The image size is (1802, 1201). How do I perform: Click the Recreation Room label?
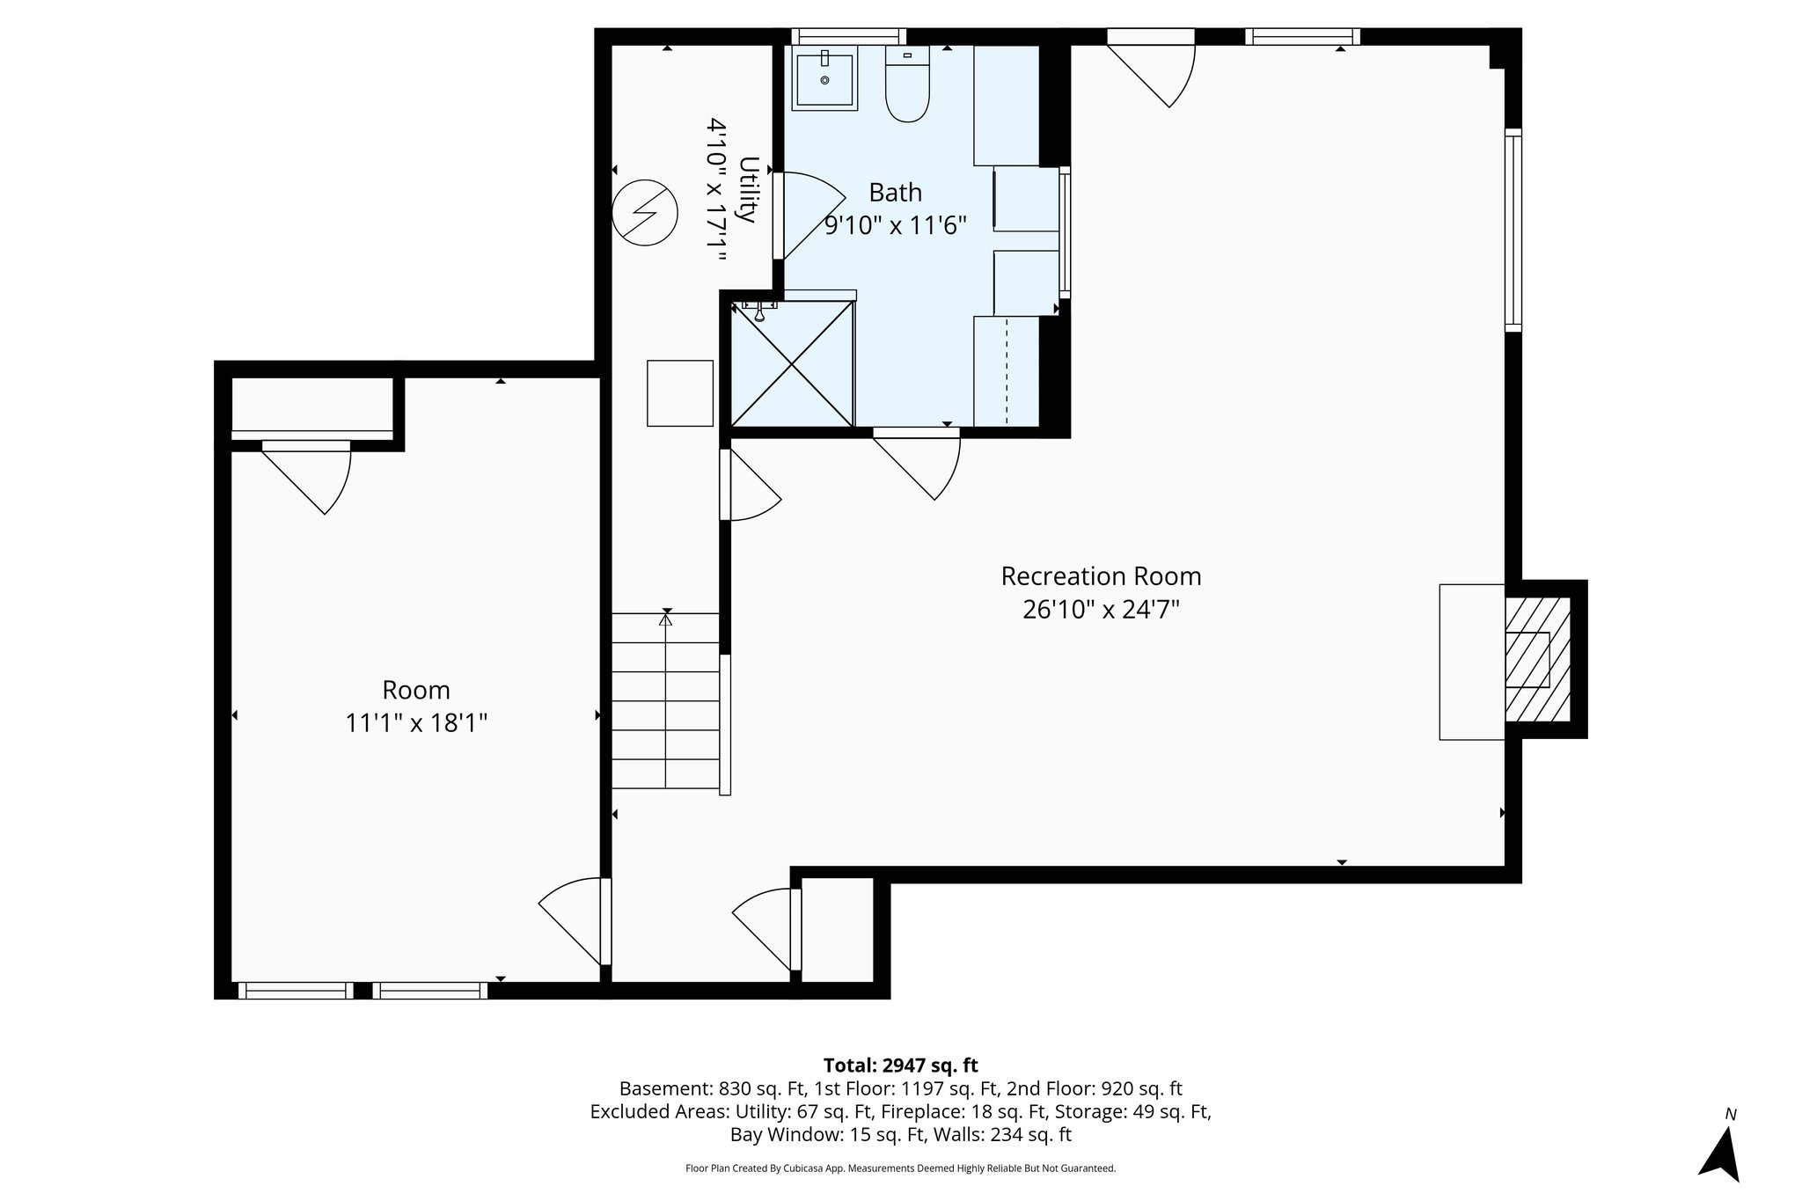(1101, 576)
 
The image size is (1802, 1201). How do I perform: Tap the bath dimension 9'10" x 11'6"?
(895, 226)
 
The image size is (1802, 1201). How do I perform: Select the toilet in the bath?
(907, 85)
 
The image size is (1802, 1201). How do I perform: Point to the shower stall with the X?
(792, 364)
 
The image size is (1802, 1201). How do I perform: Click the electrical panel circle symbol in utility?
(645, 213)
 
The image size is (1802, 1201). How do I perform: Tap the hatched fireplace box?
(1536, 659)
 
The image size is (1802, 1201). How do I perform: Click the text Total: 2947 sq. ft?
(900, 1066)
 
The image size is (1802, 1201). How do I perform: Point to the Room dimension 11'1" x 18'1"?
(415, 723)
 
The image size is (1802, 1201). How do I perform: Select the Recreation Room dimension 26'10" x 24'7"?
(1101, 610)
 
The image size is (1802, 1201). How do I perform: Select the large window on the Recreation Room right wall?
(1513, 230)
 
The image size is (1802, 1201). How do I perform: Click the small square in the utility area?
(680, 393)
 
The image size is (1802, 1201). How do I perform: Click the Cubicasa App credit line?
(900, 1168)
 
